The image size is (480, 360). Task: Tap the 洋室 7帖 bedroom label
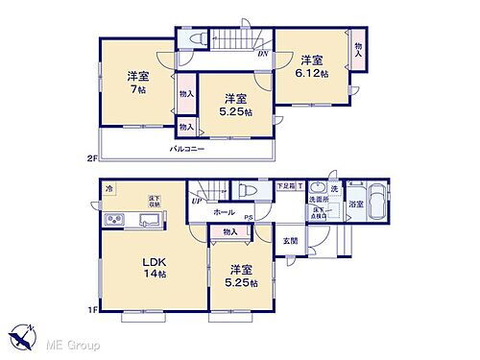(x=136, y=83)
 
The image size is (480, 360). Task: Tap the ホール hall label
(x=223, y=211)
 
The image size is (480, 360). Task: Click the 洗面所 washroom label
(x=319, y=199)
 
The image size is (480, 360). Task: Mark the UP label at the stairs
(x=197, y=201)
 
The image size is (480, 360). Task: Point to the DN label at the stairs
(x=262, y=54)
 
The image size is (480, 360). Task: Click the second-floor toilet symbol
(x=199, y=39)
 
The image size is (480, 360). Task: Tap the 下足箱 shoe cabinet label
(x=285, y=185)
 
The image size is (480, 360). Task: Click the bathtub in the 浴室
(x=375, y=203)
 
